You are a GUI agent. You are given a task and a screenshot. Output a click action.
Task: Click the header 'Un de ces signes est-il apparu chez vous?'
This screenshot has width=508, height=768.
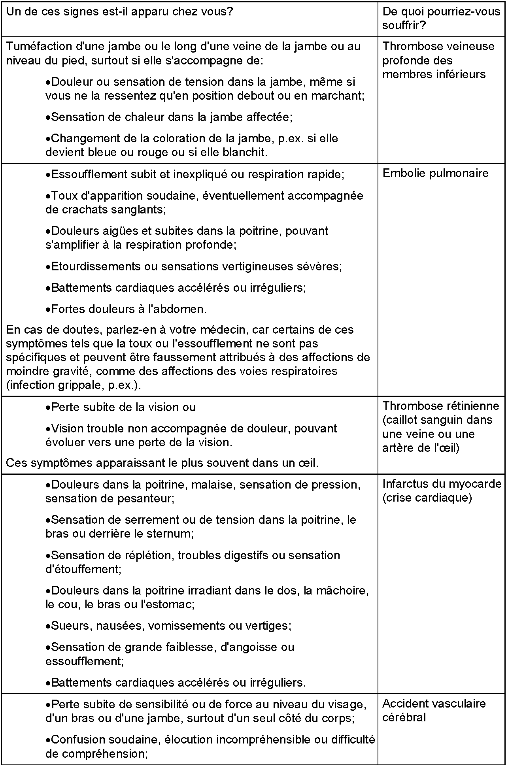(x=120, y=11)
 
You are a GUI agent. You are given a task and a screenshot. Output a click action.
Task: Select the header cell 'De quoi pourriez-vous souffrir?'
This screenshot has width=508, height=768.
(x=441, y=18)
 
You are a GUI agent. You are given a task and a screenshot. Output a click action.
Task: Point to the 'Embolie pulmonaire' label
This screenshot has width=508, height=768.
(x=435, y=173)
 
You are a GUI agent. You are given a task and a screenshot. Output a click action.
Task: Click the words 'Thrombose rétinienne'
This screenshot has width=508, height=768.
(x=440, y=406)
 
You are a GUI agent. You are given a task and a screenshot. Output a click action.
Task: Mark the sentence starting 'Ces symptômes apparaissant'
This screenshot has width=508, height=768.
(x=162, y=463)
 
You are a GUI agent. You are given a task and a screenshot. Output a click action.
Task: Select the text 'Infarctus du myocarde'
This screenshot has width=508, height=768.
(x=442, y=484)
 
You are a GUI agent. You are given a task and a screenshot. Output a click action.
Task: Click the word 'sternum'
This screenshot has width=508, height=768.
(x=171, y=534)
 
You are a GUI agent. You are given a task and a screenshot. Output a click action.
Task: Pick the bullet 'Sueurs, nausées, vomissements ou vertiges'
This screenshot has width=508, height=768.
(x=171, y=626)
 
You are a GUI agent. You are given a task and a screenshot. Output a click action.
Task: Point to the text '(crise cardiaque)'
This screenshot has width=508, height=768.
(x=427, y=498)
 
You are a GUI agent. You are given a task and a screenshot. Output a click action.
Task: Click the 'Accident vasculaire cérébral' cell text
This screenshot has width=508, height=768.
(x=434, y=710)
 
